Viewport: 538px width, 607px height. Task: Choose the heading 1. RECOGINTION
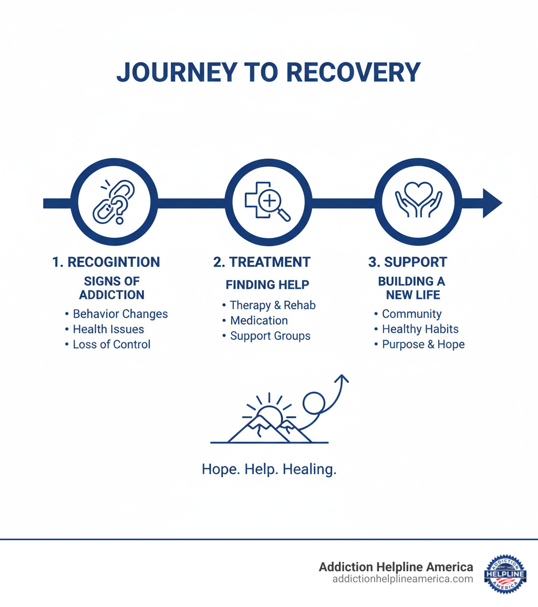[x=106, y=262]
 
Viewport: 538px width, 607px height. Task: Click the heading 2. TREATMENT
[x=262, y=262]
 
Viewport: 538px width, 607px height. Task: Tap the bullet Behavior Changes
[x=120, y=314]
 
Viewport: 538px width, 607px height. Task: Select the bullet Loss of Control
[x=111, y=345]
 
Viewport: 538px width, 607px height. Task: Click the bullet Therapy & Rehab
[x=273, y=306]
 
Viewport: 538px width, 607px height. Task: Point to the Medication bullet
[x=259, y=320]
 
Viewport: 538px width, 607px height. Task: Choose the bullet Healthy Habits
[x=420, y=329]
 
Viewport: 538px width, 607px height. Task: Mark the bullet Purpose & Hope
[x=423, y=345]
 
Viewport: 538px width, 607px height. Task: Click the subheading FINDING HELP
[x=267, y=285]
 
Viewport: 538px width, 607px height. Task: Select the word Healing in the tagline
[x=309, y=470]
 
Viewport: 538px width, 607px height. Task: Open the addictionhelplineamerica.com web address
[x=402, y=579]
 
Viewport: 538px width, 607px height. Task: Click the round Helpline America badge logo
[x=505, y=574]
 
